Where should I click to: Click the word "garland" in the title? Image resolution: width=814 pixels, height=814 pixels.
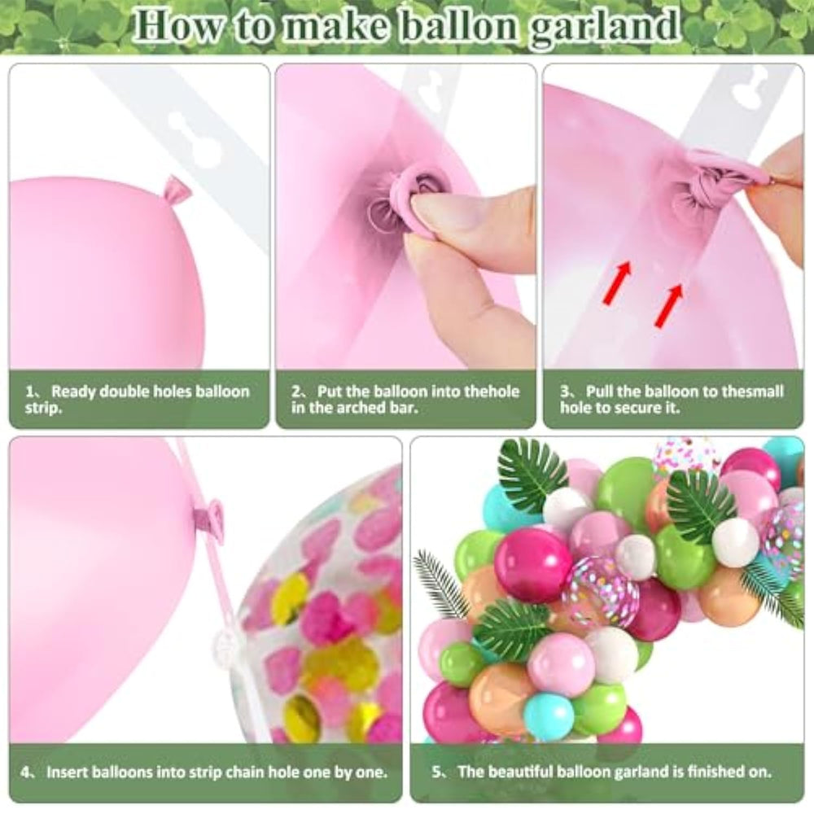(604, 28)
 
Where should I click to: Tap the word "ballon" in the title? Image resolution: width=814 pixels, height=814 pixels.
(459, 25)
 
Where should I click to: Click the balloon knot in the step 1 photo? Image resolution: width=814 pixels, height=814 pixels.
(176, 193)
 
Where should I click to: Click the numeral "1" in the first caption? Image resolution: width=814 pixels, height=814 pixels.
(30, 392)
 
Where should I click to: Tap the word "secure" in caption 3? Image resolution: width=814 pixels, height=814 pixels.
(640, 408)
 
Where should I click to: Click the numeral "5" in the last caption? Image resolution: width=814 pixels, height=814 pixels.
(437, 772)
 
